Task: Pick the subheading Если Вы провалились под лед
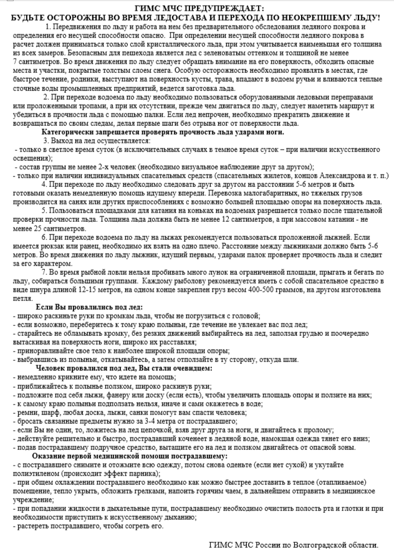89,308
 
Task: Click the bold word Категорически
71,131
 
